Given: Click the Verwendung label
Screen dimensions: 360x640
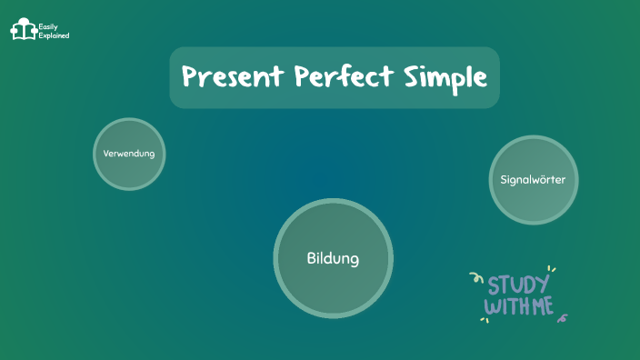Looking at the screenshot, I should pos(129,154).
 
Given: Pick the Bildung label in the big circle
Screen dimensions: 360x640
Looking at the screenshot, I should pos(333,259).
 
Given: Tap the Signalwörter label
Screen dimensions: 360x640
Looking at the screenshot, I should pos(533,180).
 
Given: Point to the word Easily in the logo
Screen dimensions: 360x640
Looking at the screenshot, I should pos(48,26).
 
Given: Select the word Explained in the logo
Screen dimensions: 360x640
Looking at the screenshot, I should pos(54,35).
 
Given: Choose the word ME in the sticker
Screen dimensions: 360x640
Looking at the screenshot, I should pos(542,306).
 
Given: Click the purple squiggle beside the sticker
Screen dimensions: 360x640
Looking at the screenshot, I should pos(564,318).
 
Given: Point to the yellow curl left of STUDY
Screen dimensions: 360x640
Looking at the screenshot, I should pos(475,277).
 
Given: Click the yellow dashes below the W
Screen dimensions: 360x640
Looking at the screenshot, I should pos(485,320).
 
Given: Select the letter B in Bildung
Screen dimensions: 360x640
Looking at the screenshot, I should pos(311,259).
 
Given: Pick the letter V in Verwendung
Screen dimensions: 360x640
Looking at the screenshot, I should pos(106,154).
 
